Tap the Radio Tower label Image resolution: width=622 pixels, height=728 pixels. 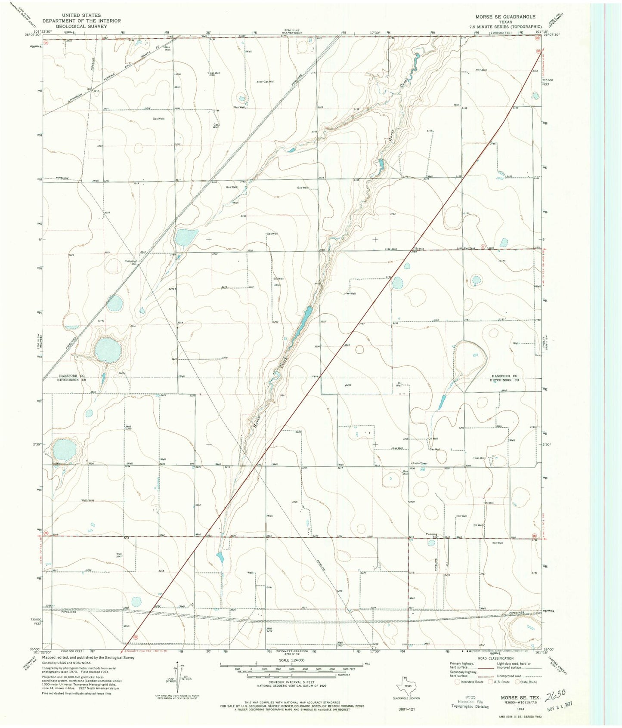pos(420,463)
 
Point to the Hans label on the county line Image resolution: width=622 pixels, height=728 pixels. pos(315,376)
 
